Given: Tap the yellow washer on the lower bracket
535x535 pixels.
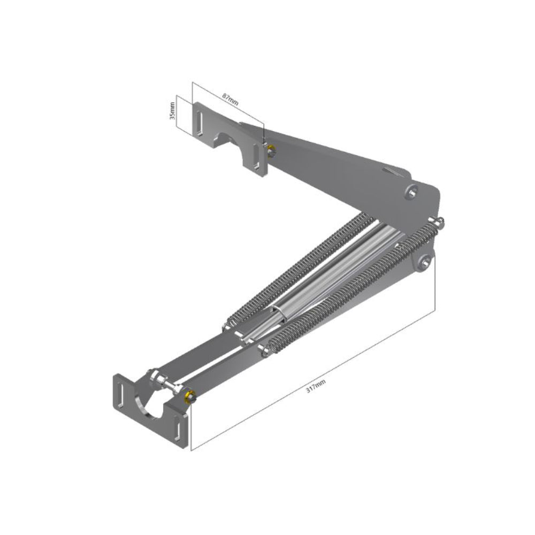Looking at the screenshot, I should click(x=188, y=396).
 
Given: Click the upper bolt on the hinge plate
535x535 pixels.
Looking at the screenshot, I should click(x=412, y=191).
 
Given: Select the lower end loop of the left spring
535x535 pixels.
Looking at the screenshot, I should click(x=231, y=324).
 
